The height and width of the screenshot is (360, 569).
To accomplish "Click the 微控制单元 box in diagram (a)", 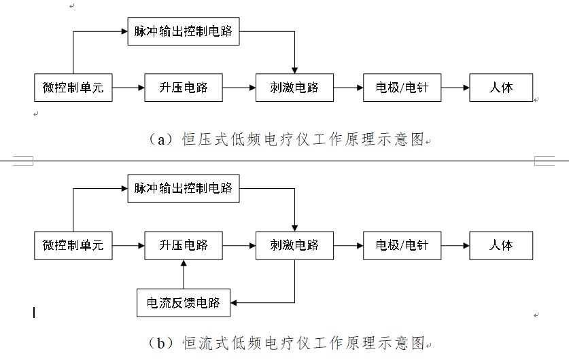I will (x=73, y=88).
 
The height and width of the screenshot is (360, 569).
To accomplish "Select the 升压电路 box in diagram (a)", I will (x=184, y=88).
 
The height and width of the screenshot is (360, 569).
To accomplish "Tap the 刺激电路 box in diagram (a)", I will (x=294, y=88).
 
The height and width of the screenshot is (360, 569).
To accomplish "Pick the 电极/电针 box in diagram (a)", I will (x=402, y=88).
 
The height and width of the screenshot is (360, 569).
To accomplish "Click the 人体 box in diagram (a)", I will (x=501, y=88).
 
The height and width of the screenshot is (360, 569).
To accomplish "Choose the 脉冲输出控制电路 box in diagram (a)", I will (x=184, y=32).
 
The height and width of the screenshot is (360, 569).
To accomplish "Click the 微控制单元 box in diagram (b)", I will (x=73, y=245).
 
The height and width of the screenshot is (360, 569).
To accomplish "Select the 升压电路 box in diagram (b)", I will (x=184, y=245).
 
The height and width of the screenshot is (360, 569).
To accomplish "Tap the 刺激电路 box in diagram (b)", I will (x=294, y=245).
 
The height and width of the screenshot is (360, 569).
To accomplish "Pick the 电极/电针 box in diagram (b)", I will (x=402, y=245).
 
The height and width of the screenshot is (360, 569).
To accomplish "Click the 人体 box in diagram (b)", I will (x=501, y=245).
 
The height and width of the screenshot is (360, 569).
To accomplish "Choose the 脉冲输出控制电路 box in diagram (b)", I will (x=184, y=188).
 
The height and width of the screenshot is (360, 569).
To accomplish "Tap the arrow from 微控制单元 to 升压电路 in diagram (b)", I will (x=128, y=245).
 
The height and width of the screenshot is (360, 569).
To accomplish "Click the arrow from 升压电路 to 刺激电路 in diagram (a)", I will (x=239, y=88).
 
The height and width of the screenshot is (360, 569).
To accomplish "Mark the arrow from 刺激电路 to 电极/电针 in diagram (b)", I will (x=349, y=245).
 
